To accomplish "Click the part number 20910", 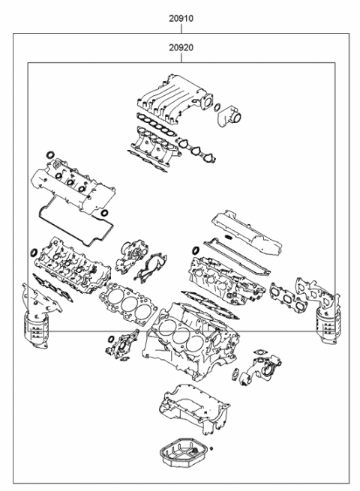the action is point(181,19).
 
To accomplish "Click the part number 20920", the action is point(181,47).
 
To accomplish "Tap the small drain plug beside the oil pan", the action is point(211,448).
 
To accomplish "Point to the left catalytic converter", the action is point(36,329).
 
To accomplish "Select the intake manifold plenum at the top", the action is point(175,98).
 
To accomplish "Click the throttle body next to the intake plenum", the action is point(229,116).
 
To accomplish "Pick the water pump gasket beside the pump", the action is point(151,269).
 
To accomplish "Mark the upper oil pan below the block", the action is point(194,409).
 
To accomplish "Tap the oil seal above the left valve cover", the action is point(50,154).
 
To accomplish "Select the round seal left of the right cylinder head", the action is point(196,250).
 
